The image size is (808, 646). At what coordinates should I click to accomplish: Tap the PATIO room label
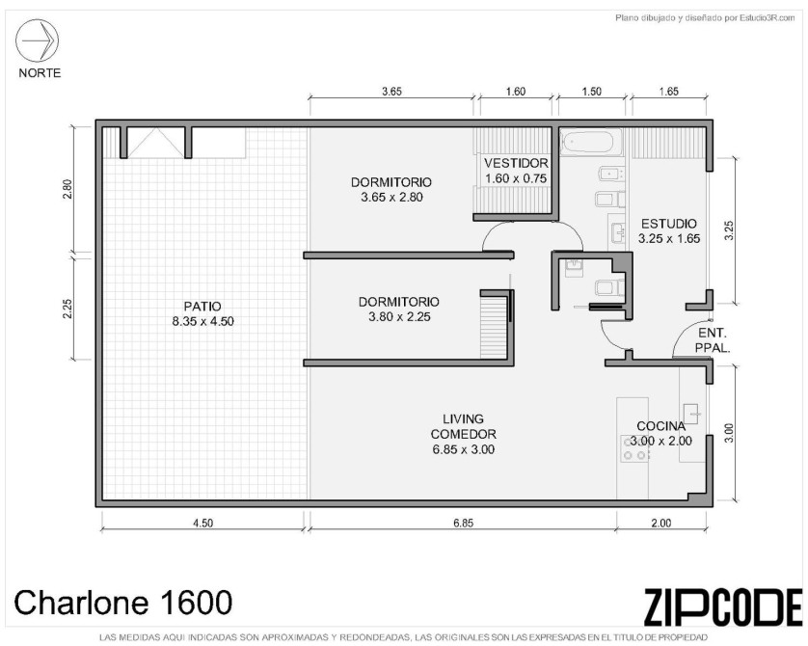click(x=202, y=307)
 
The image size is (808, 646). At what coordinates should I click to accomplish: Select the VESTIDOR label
click(x=516, y=163)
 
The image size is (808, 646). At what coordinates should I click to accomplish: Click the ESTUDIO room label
click(x=669, y=224)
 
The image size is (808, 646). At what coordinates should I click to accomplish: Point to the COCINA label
click(x=661, y=426)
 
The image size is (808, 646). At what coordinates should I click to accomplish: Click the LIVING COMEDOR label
click(x=463, y=426)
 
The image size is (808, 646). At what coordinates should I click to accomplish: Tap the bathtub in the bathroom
click(x=591, y=142)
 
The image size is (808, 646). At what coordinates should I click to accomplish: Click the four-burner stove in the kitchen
click(x=634, y=448)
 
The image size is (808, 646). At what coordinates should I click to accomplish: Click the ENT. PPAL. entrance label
click(x=713, y=340)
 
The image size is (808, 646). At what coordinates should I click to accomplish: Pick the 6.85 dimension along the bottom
click(x=463, y=523)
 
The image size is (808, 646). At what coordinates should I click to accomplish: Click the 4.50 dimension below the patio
click(x=202, y=523)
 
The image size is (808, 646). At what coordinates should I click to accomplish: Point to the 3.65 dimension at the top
click(x=391, y=92)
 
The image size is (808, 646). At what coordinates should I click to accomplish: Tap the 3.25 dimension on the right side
click(x=729, y=230)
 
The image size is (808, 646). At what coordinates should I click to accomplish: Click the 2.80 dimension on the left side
click(x=67, y=189)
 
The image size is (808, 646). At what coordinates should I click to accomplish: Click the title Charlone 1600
click(x=123, y=602)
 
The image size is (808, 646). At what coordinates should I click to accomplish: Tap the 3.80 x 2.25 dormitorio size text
click(x=399, y=317)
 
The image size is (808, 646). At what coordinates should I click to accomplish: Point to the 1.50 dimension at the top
click(x=592, y=92)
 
